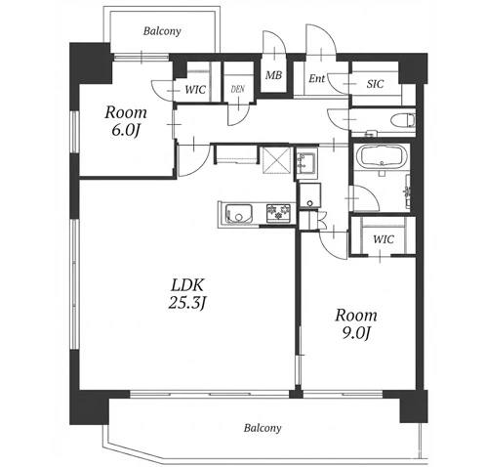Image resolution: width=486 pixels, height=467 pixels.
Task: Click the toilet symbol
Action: tap(402, 120)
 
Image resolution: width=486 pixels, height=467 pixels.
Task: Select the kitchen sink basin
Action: tap(239, 214)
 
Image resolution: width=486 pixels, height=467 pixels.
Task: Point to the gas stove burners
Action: tap(278, 213)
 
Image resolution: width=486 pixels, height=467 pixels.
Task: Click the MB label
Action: tap(273, 75)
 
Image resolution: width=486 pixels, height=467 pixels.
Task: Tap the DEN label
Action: tap(238, 89)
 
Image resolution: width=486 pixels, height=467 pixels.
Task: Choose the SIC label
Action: tap(375, 84)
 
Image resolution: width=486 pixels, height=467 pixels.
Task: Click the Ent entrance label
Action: tap(316, 78)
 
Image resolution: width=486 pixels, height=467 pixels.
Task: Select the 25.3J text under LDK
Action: tap(187, 303)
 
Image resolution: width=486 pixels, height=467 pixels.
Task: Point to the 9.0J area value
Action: tap(356, 333)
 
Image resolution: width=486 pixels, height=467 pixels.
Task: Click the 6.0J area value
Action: tap(126, 130)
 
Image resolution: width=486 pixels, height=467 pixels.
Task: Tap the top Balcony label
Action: tap(162, 31)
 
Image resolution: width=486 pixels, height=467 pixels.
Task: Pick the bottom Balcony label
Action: tap(263, 428)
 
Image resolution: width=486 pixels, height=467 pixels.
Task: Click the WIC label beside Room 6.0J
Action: tap(195, 90)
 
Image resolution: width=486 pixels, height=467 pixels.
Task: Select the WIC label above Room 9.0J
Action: tap(384, 239)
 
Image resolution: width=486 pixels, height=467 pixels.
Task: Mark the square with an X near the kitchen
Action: tap(276, 160)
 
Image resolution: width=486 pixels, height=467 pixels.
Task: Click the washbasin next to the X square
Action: tap(305, 163)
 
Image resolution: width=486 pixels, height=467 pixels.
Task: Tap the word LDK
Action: tap(187, 285)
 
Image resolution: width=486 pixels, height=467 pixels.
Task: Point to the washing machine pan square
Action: tap(309, 195)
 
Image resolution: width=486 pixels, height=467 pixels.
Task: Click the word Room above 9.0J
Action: tap(356, 316)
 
